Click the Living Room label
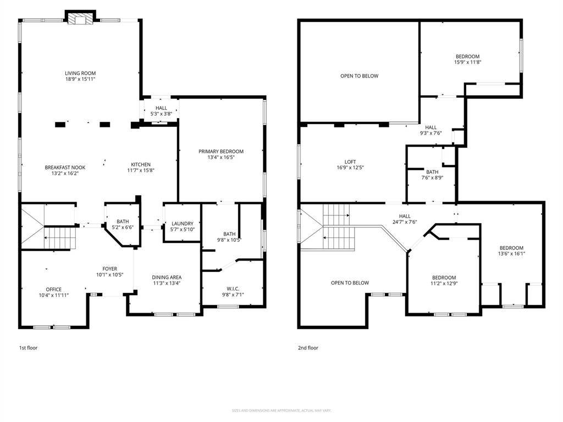point(80,73)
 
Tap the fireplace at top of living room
point(80,19)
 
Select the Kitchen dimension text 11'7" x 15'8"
point(141,170)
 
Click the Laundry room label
point(182,224)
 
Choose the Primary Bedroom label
point(221,152)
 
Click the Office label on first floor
point(54,290)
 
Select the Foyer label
point(109,269)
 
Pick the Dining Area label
point(167,277)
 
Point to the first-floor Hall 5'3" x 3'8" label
point(161,108)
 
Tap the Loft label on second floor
point(350,162)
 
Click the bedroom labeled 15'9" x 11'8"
point(467,57)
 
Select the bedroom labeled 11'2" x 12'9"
point(444,277)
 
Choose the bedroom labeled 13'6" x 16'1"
point(511,248)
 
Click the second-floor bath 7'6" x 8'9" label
point(432,172)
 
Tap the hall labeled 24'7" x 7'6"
point(405,216)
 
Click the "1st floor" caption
point(29,348)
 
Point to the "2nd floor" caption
point(308,348)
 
